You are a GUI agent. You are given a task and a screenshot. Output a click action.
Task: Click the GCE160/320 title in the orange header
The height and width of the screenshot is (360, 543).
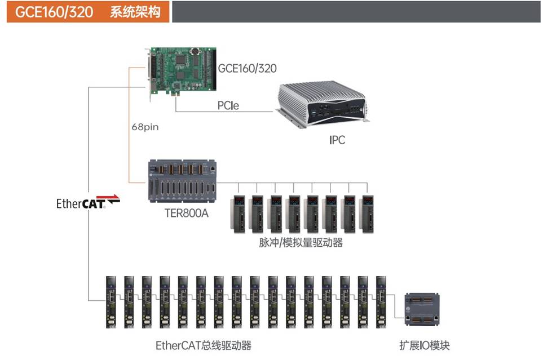coord(54,12)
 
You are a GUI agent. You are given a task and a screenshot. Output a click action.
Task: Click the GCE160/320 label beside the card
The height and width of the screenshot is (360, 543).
coord(248,69)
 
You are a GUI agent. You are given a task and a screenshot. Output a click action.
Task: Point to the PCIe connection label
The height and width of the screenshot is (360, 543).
coord(228,105)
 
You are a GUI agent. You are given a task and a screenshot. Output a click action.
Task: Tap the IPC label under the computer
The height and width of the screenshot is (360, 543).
coord(337,140)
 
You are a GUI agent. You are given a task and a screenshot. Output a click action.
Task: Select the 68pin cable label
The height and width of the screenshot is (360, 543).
coord(144,127)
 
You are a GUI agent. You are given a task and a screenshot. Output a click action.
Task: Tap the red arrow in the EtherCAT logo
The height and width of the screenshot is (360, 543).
coord(112,198)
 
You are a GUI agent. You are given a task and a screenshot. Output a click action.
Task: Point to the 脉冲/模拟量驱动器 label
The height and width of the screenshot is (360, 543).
coord(301,243)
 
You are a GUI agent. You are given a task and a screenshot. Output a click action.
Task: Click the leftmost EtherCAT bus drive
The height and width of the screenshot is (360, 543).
coord(112,301)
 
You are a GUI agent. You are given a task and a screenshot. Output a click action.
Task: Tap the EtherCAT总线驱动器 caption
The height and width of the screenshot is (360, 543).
coord(203,345)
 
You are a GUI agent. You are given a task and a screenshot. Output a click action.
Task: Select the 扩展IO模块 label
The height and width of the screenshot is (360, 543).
coord(424,345)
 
